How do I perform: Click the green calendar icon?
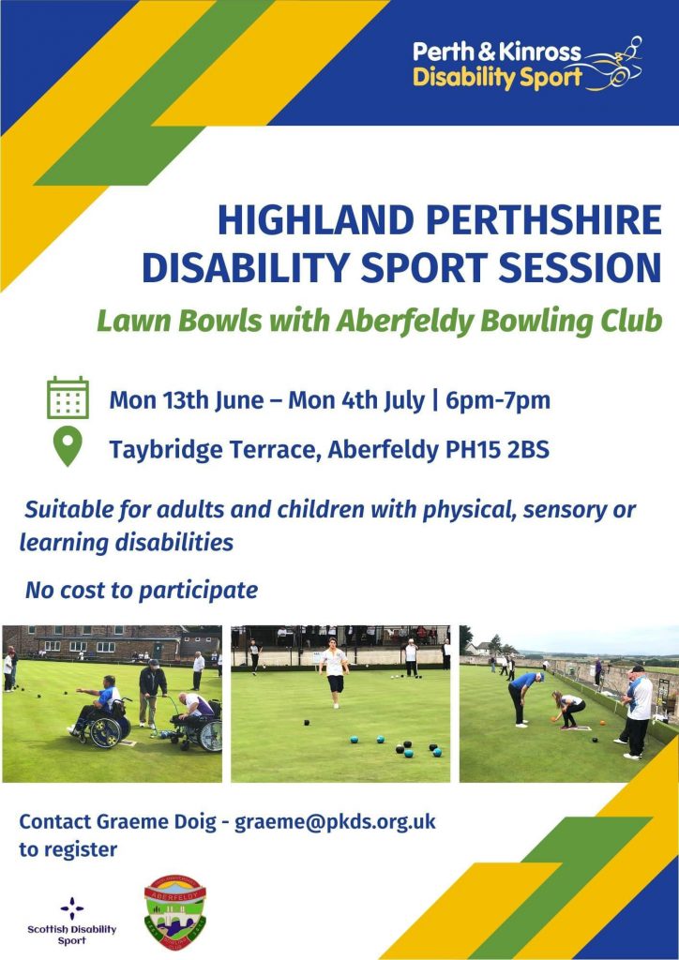[68, 397]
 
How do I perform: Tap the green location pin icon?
[68, 446]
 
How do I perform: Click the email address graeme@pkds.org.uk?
[335, 821]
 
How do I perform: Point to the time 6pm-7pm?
[498, 401]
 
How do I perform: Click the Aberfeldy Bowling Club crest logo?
[174, 911]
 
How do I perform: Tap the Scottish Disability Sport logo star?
[71, 908]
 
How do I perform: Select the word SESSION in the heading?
[581, 267]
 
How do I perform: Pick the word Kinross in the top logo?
[539, 52]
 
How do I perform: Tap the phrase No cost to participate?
[142, 591]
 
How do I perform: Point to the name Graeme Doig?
[156, 821]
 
